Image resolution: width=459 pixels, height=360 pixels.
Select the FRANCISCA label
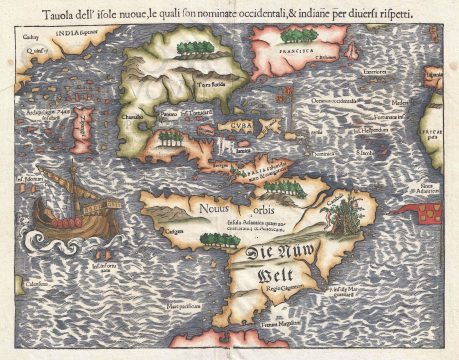coord(287,45)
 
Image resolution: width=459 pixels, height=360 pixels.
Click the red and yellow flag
coord(431,211)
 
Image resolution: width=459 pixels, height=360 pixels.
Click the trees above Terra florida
coord(186,45)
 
